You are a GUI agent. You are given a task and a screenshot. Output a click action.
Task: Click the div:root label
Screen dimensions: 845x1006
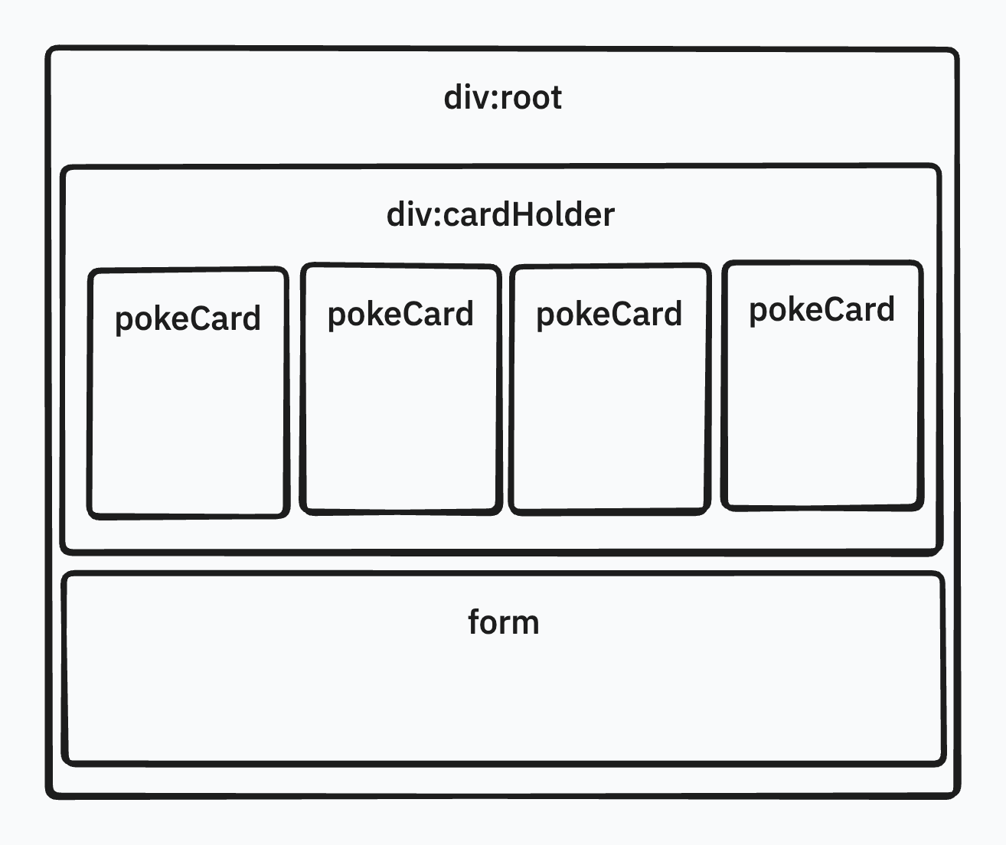pyautogui.click(x=503, y=98)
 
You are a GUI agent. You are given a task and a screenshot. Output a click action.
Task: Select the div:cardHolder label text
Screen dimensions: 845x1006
pyautogui.click(x=501, y=215)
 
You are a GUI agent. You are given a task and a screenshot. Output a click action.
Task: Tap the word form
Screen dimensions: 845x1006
pyautogui.click(x=503, y=622)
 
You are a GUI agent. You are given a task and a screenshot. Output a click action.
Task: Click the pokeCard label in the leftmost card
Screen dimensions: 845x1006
pyautogui.click(x=188, y=318)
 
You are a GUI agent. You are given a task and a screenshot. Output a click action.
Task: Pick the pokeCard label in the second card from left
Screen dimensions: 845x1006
pyautogui.click(x=400, y=315)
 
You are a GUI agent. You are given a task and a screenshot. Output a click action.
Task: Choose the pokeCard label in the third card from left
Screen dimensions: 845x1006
pyautogui.click(x=609, y=315)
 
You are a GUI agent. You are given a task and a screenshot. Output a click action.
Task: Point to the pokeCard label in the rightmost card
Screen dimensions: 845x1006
pyautogui.click(x=821, y=310)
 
